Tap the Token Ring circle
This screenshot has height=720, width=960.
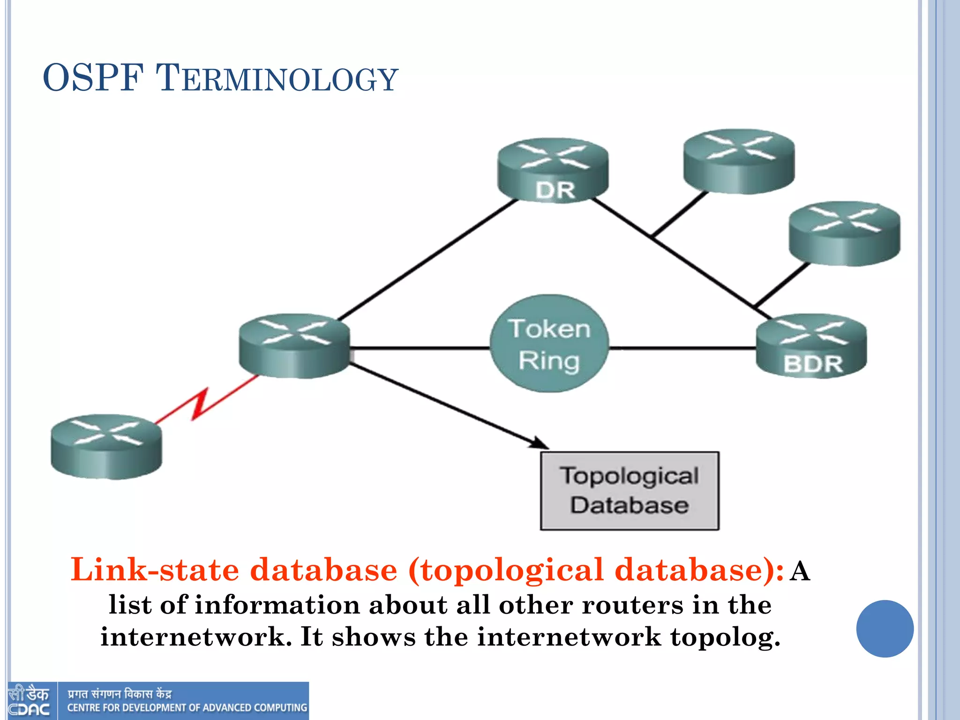549,344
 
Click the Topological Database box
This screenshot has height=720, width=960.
630,491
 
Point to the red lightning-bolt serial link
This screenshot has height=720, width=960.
202,402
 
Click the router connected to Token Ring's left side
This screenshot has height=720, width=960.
294,346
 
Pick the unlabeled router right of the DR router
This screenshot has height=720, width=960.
739,161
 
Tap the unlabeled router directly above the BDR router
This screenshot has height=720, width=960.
845,234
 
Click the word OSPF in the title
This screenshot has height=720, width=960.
93,78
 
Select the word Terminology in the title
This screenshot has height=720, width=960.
277,79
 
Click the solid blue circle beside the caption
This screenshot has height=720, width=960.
885,629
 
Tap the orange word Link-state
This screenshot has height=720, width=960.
155,570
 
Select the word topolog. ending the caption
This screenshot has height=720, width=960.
725,637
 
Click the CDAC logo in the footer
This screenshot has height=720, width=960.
29,701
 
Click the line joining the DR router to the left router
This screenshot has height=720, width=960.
427,260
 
